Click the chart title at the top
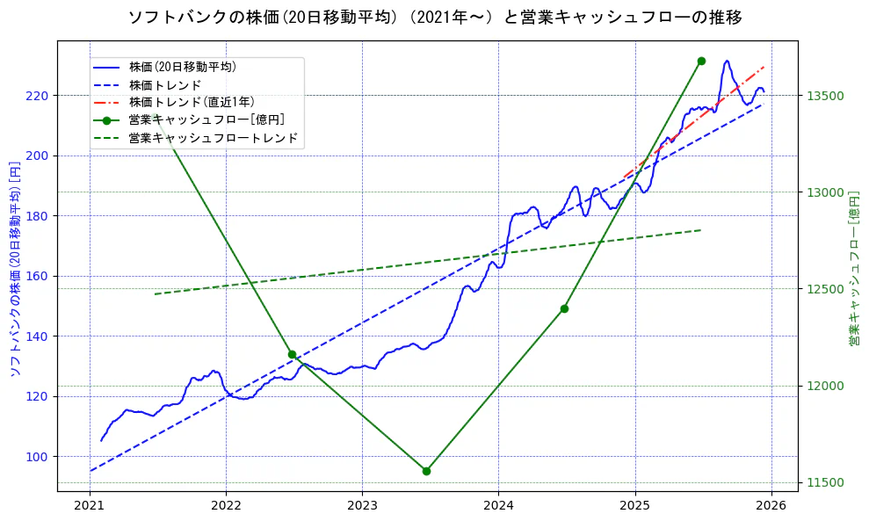pyautogui.click(x=434, y=18)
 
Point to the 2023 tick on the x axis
pyautogui.click(x=362, y=504)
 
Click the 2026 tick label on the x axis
pyautogui.click(x=771, y=504)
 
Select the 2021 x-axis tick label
pyautogui.click(x=90, y=504)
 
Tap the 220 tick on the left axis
pyautogui.click(x=39, y=95)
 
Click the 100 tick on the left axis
pyautogui.click(x=39, y=456)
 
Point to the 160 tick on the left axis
pyautogui.click(x=39, y=276)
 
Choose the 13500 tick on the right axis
pyautogui.click(x=824, y=96)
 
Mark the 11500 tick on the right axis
pyautogui.click(x=824, y=482)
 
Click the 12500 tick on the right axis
pyautogui.click(x=824, y=289)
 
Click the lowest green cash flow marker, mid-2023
pyautogui.click(x=426, y=471)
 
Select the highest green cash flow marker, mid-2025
pyautogui.click(x=701, y=61)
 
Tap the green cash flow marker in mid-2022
pyautogui.click(x=292, y=354)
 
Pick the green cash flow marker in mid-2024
pyautogui.click(x=564, y=308)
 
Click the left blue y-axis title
pyautogui.click(x=14, y=269)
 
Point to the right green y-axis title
pyautogui.click(x=854, y=269)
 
